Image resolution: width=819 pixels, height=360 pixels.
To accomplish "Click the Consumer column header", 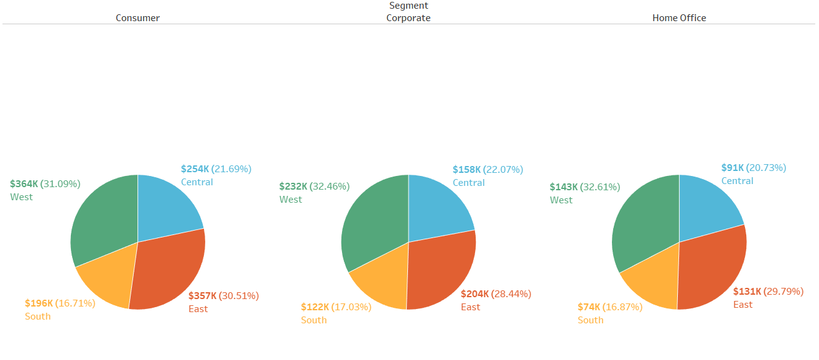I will click(x=137, y=18).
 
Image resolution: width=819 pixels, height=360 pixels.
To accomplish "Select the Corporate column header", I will click(x=408, y=18).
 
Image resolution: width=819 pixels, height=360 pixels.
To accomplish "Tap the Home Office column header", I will click(x=679, y=18).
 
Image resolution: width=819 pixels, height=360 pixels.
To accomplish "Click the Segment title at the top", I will click(x=408, y=6).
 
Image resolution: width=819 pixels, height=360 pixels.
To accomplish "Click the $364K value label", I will click(x=24, y=184).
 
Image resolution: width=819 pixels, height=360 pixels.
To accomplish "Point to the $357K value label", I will click(x=203, y=296).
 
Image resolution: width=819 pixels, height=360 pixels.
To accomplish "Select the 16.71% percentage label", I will click(x=75, y=303).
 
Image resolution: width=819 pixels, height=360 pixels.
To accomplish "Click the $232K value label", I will click(x=294, y=186).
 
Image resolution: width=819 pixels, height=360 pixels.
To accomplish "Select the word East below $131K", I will click(x=743, y=305).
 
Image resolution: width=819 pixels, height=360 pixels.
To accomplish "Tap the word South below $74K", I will click(x=590, y=320).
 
